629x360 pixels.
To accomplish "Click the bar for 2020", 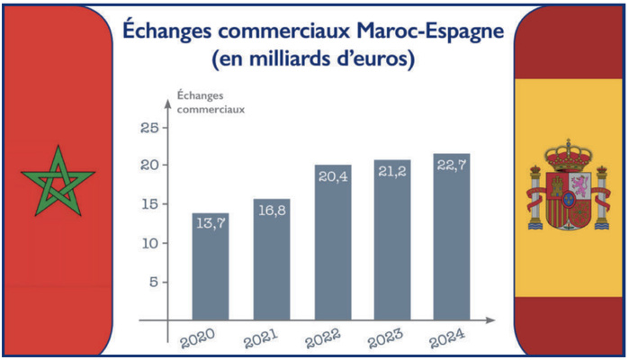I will [210, 270].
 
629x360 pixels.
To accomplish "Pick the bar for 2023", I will [391, 243].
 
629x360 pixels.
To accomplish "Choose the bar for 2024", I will [451, 238].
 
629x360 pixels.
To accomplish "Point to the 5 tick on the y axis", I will [153, 282].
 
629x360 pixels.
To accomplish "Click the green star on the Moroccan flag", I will [58, 180].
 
